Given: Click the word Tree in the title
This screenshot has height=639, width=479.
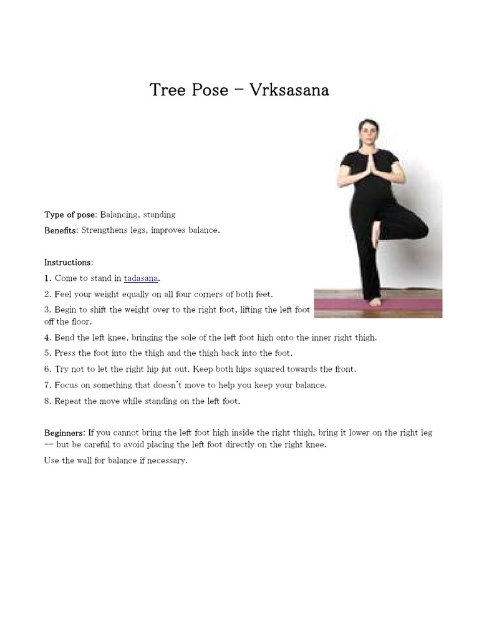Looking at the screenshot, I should point(167,90).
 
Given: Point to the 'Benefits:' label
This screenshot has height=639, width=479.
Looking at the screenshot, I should point(61,230).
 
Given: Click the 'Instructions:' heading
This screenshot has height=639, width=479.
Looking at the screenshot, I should point(69,262).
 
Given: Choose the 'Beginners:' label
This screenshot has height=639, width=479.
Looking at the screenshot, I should point(64,432).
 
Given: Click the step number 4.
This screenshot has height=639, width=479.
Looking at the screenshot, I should point(47,338).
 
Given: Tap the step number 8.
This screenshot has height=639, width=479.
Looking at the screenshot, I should point(47,401).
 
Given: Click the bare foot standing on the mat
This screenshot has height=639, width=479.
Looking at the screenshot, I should point(374,301).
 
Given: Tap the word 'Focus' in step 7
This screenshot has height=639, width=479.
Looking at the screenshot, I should point(66,385).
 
